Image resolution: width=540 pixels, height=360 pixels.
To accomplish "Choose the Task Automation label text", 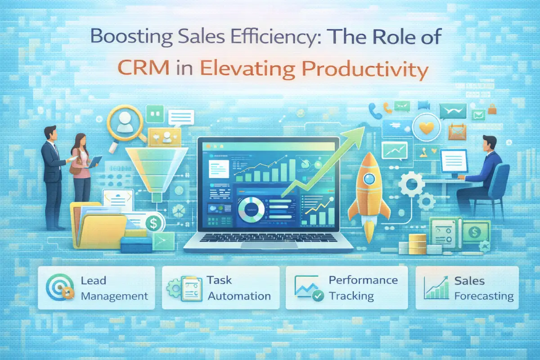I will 238,288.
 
